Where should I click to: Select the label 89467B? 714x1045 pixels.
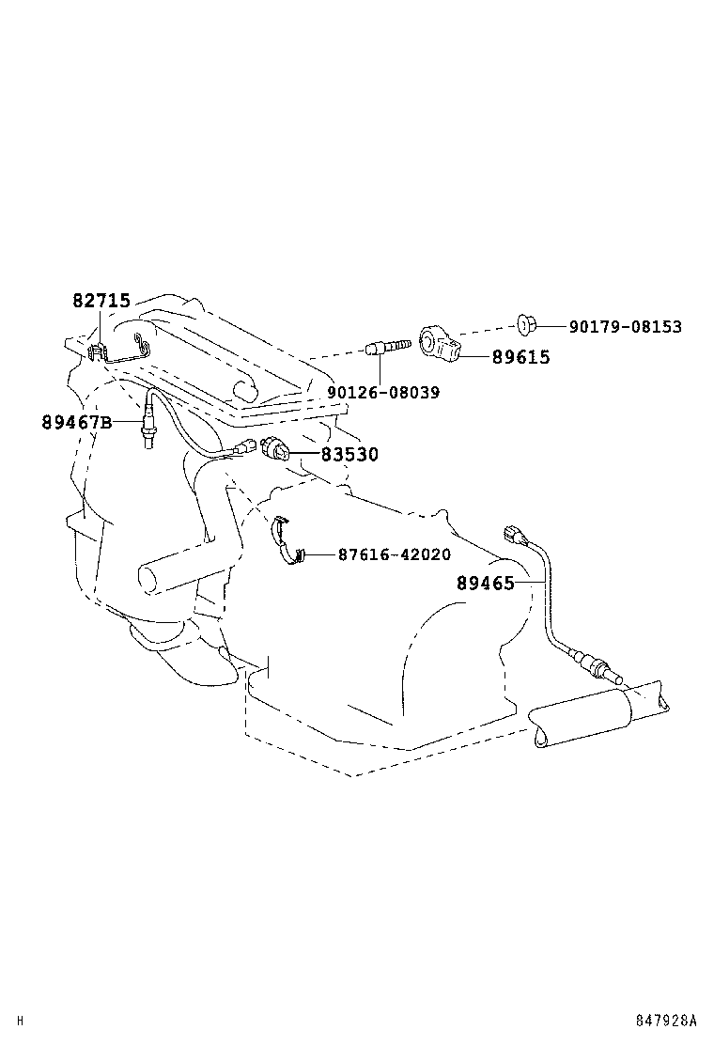pyautogui.click(x=76, y=423)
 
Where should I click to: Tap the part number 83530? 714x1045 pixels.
pyautogui.click(x=349, y=455)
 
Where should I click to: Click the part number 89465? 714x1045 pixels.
pyautogui.click(x=486, y=584)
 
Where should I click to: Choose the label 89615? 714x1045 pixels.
pyautogui.click(x=520, y=358)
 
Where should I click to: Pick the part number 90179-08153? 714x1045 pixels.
pyautogui.click(x=625, y=327)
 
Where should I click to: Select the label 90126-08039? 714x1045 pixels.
pyautogui.click(x=383, y=392)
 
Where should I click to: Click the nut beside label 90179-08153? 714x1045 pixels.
pyautogui.click(x=527, y=326)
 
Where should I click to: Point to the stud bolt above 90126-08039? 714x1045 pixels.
pyautogui.click(x=388, y=349)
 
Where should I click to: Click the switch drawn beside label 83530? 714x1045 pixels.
pyautogui.click(x=276, y=452)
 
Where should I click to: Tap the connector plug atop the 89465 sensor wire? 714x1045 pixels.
pyautogui.click(x=514, y=535)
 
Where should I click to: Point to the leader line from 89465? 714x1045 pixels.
pyautogui.click(x=531, y=584)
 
